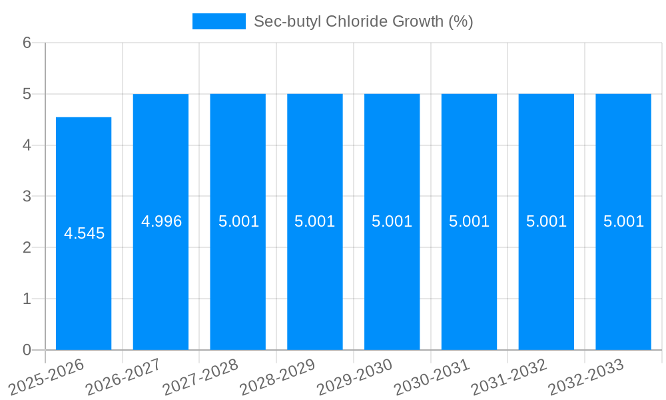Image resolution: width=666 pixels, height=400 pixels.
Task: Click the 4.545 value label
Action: pyautogui.click(x=84, y=234)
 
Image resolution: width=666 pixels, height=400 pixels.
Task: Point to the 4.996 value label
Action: pyautogui.click(x=161, y=221)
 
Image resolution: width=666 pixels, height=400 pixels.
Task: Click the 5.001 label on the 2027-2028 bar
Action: pyautogui.click(x=238, y=221)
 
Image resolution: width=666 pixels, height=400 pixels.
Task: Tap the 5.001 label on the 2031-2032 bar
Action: pyautogui.click(x=546, y=221)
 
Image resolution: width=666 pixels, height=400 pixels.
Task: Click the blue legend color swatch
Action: pyautogui.click(x=218, y=21)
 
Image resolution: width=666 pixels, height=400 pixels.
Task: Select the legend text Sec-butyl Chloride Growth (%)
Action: pyautogui.click(x=363, y=21)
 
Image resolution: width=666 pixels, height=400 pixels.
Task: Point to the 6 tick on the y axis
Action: pyautogui.click(x=27, y=43)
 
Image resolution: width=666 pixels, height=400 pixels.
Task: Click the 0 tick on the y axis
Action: pyautogui.click(x=27, y=350)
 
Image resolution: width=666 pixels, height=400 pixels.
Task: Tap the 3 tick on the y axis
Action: pyautogui.click(x=27, y=197)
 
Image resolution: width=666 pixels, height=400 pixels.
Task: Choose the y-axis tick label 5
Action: pyautogui.click(x=27, y=94)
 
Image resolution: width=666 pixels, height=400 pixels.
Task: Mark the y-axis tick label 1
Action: pyautogui.click(x=27, y=299)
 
